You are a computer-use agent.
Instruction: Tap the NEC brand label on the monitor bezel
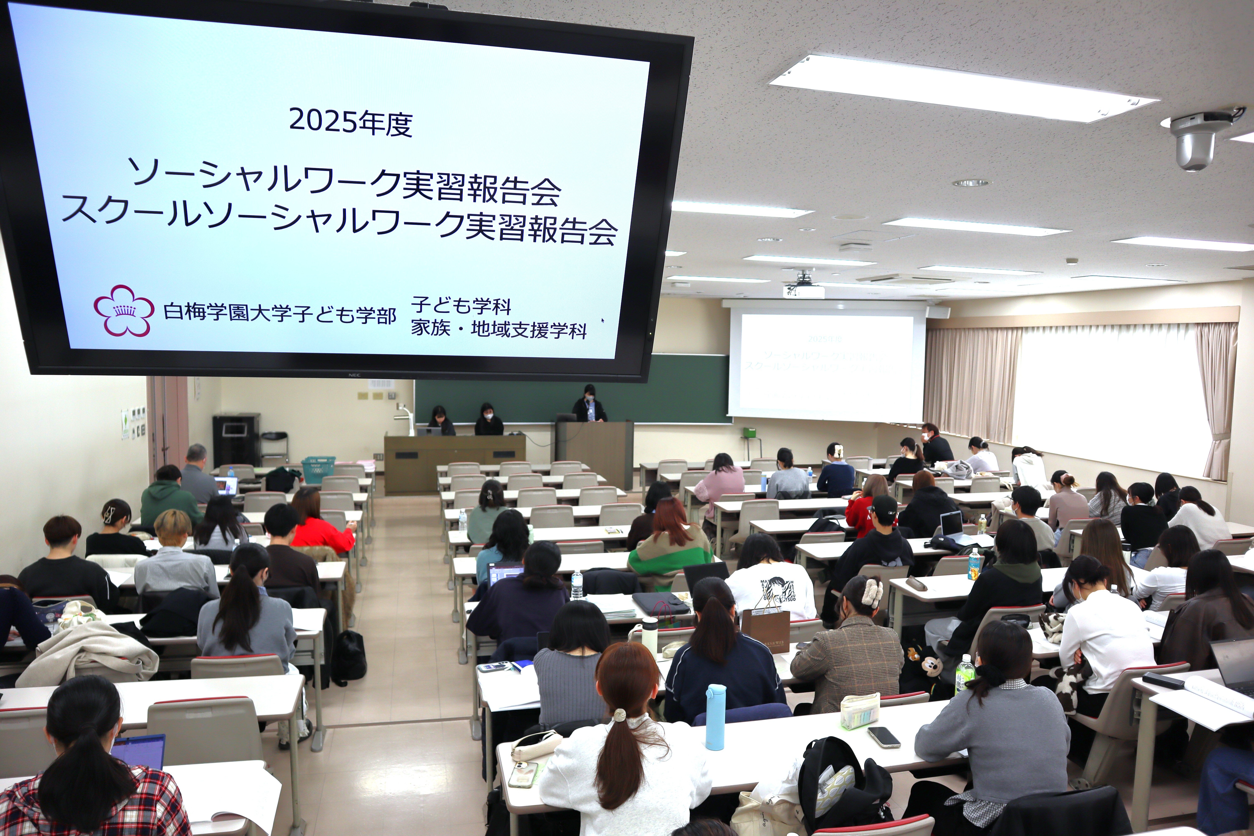click(353, 375)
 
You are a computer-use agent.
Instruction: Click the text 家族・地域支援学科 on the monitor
click(498, 330)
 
